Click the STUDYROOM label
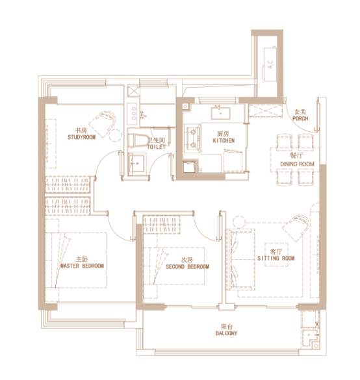(x=81, y=137)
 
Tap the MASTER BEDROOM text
(x=82, y=266)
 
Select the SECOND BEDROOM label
(x=187, y=266)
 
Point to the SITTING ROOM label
(x=276, y=259)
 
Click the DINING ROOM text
(x=297, y=164)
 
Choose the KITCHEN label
(x=224, y=140)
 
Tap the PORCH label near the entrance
(x=300, y=118)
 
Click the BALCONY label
(x=226, y=333)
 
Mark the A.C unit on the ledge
(x=270, y=64)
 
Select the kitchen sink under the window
(x=220, y=114)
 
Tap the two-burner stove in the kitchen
(x=192, y=138)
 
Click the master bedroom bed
(x=76, y=260)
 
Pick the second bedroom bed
(x=174, y=266)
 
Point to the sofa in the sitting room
(x=240, y=260)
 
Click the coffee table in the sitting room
(x=276, y=255)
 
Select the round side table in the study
(x=115, y=136)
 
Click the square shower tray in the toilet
(x=137, y=163)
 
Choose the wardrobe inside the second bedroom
(x=161, y=224)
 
